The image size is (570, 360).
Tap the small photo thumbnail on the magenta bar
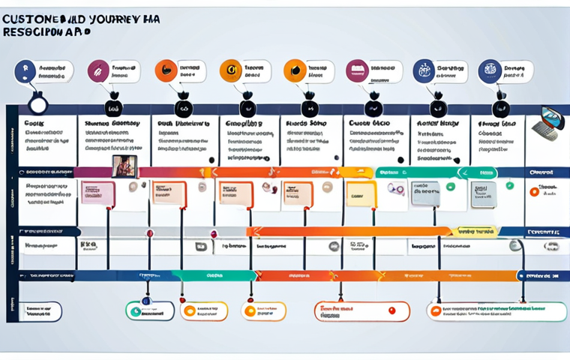(121, 166)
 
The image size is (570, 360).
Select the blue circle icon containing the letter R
(25, 71)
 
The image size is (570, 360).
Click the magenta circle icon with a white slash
(98, 71)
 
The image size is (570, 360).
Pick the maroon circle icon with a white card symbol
(356, 71)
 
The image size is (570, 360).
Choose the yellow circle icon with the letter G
(230, 71)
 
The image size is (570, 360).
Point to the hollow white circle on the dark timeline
(37, 101)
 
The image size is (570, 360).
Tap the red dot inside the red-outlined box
(391, 310)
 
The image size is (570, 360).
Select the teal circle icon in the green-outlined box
(136, 311)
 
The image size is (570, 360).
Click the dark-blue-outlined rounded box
(40, 311)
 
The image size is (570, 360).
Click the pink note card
(98, 193)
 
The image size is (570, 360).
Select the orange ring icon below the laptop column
(534, 192)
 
